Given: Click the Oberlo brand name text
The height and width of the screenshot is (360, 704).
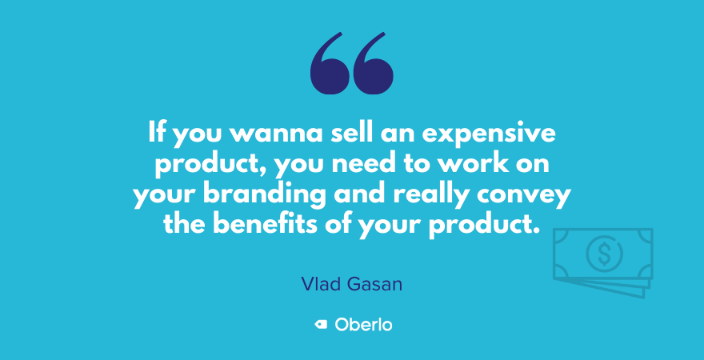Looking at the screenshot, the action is click(363, 325).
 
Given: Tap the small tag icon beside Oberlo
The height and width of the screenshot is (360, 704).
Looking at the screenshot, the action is click(321, 325).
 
